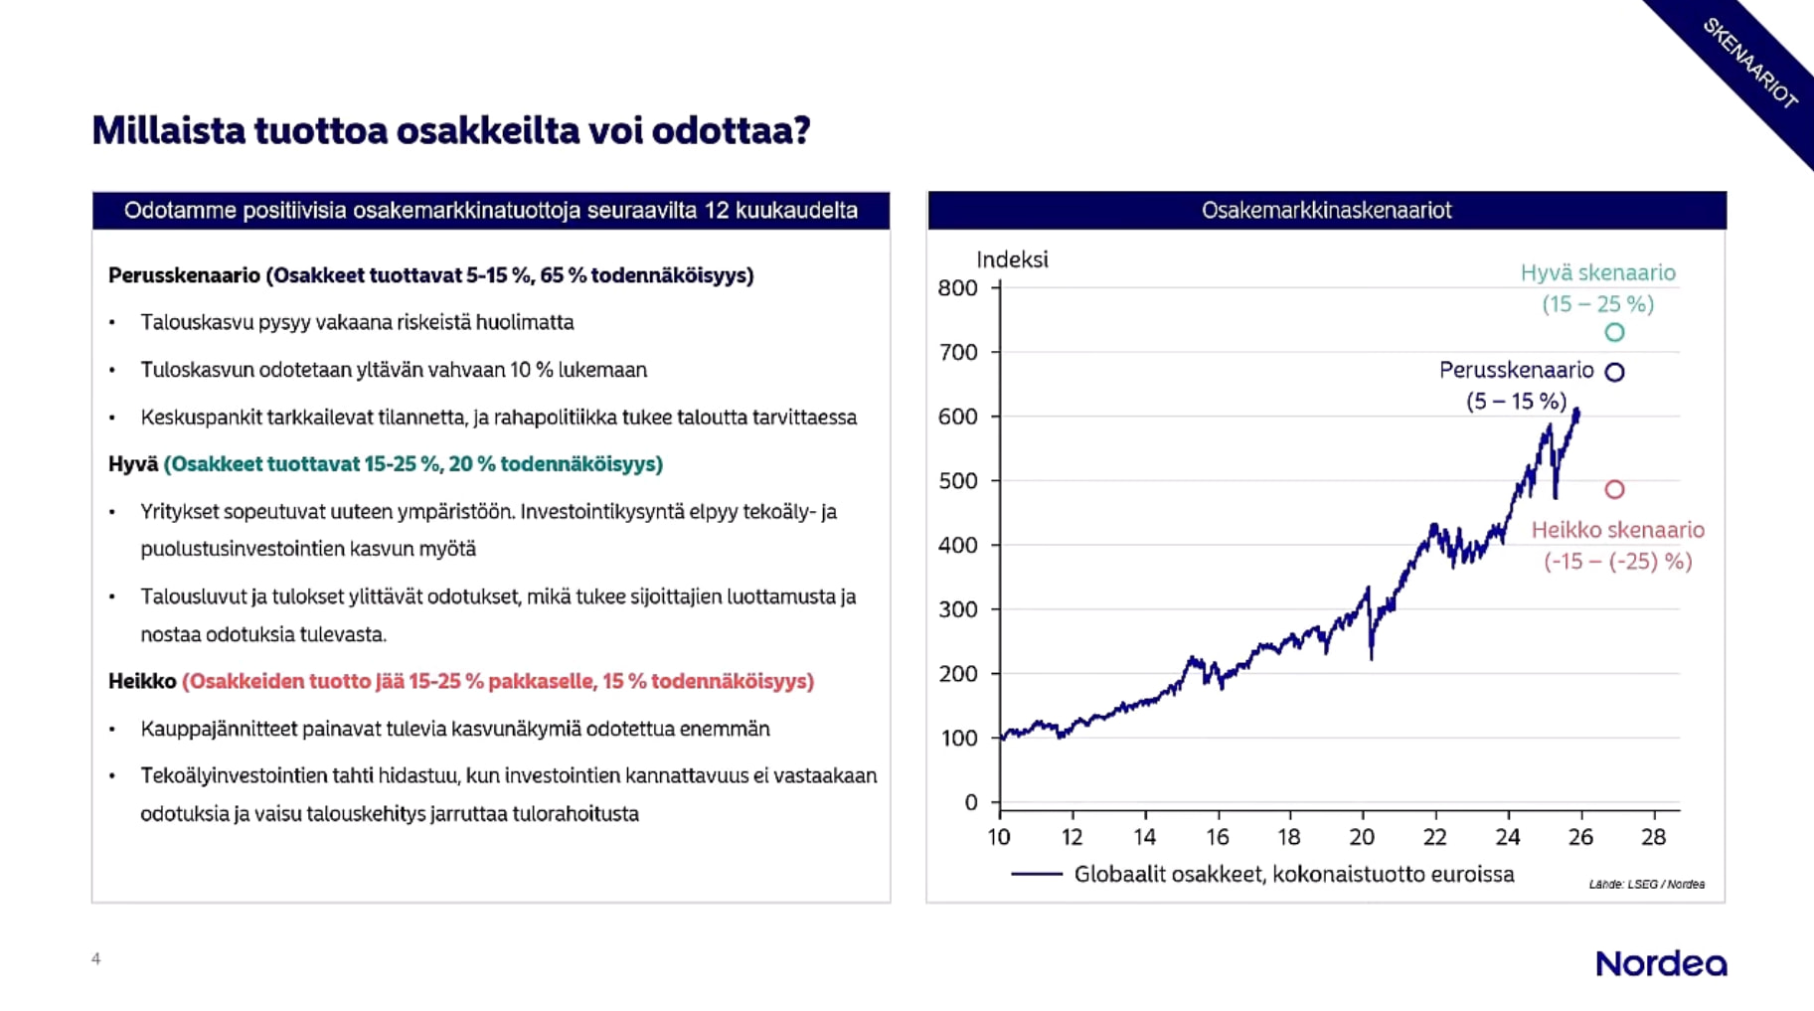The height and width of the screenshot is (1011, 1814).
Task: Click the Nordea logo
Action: point(1661,963)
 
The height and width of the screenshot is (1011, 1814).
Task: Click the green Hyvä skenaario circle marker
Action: point(1614,333)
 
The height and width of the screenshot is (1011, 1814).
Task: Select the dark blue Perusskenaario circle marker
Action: point(1614,372)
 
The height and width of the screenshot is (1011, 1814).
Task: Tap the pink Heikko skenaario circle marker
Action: point(1614,489)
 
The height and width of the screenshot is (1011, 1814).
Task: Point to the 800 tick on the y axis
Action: point(958,288)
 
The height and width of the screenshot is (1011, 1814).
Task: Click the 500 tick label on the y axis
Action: point(958,481)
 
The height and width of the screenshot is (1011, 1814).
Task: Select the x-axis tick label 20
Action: point(1362,837)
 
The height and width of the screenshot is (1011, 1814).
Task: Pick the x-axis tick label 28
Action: point(1653,837)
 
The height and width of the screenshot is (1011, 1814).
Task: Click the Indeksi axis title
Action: point(1012,259)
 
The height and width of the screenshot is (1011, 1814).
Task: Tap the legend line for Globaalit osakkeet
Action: point(1037,875)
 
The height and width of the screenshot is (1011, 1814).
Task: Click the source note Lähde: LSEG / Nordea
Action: point(1646,884)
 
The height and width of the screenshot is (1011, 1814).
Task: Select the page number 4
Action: point(96,958)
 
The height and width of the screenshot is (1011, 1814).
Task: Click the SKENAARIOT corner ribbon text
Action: point(1749,63)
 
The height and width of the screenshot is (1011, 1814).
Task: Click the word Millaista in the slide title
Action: point(168,130)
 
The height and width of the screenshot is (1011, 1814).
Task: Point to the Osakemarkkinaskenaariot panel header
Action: point(1326,211)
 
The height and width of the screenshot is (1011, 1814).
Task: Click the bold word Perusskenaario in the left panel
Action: point(184,275)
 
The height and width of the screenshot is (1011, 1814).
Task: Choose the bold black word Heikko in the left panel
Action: point(142,681)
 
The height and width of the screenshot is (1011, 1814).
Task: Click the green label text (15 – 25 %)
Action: point(1597,304)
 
